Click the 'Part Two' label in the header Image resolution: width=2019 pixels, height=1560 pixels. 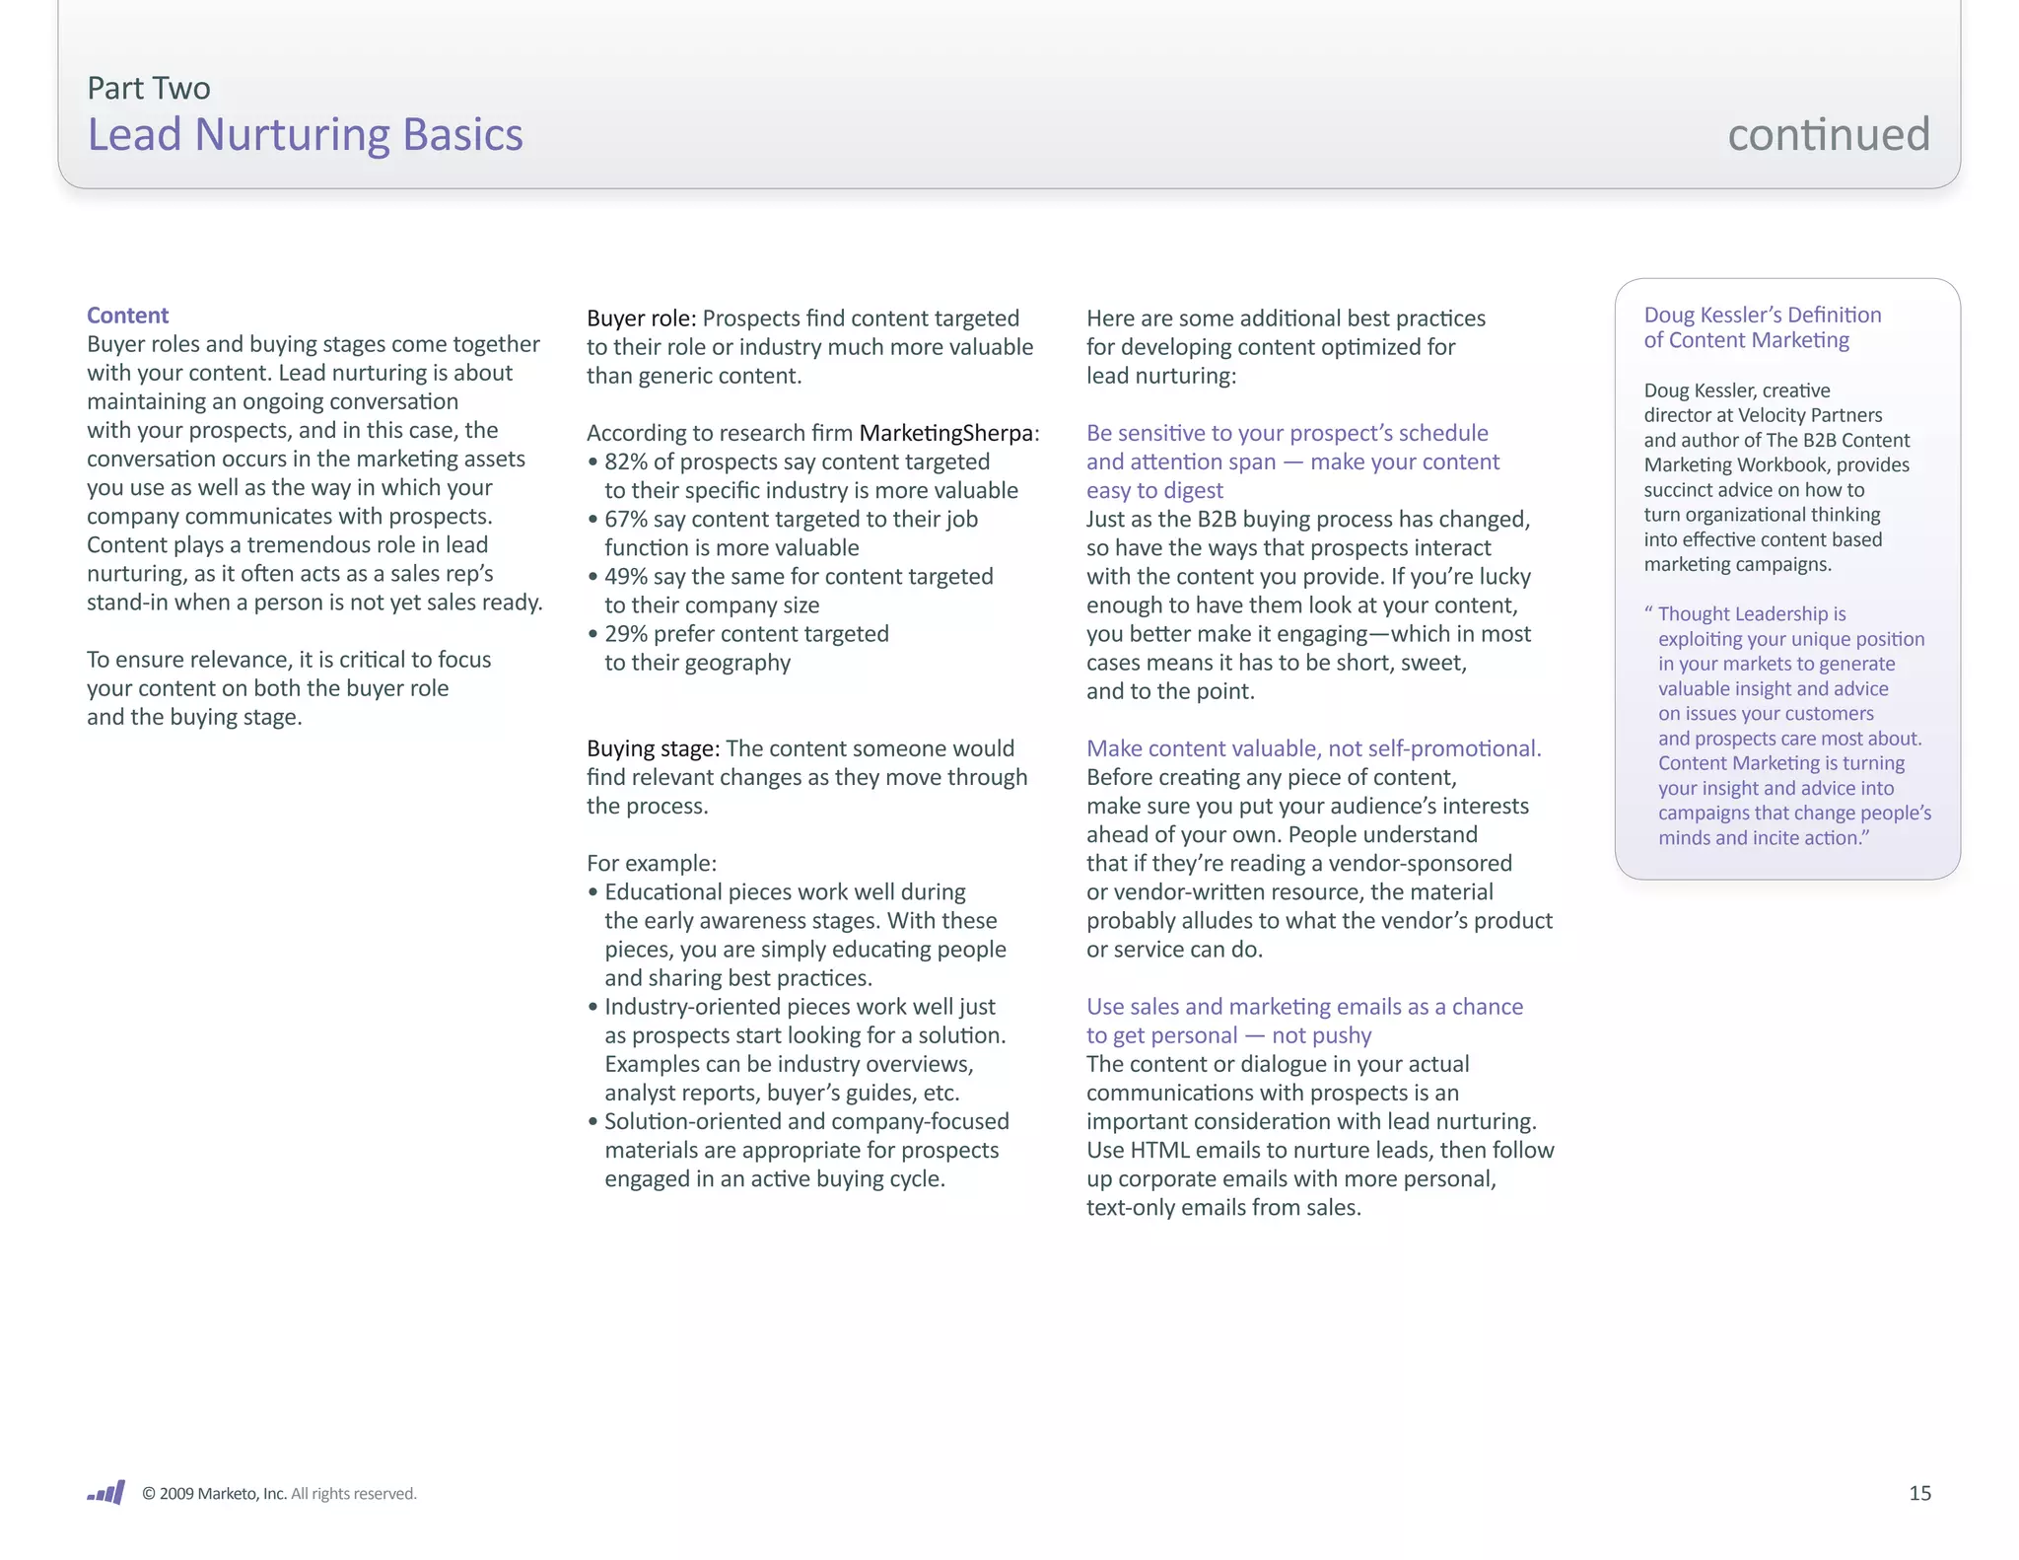tap(149, 89)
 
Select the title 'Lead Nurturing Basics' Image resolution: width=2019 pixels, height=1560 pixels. tap(305, 135)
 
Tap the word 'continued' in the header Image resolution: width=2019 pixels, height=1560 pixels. tap(1828, 134)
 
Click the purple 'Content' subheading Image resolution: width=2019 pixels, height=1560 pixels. tap(127, 316)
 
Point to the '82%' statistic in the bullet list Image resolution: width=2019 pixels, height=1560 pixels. tap(626, 461)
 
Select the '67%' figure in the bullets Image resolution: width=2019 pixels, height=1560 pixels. tap(626, 519)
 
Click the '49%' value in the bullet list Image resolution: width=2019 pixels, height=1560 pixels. tap(626, 576)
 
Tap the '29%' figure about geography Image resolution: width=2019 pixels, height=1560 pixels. tap(626, 633)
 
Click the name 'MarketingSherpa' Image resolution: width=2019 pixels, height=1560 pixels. tap(945, 433)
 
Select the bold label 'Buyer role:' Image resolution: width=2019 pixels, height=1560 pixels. tap(641, 319)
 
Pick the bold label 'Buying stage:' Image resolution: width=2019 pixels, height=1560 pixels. tap(653, 748)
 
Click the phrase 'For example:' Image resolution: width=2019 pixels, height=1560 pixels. tap(652, 863)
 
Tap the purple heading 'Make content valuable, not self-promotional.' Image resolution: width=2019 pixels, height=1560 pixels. tap(1313, 748)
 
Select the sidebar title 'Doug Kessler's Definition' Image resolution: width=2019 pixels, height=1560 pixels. tap(1762, 315)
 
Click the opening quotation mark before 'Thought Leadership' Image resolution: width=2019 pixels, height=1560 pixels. tap(1648, 612)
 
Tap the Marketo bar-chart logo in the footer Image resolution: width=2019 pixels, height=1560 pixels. tap(106, 1493)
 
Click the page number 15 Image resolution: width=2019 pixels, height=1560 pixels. tap(1918, 1493)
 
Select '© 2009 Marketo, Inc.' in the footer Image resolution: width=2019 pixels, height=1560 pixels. tap(214, 1494)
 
